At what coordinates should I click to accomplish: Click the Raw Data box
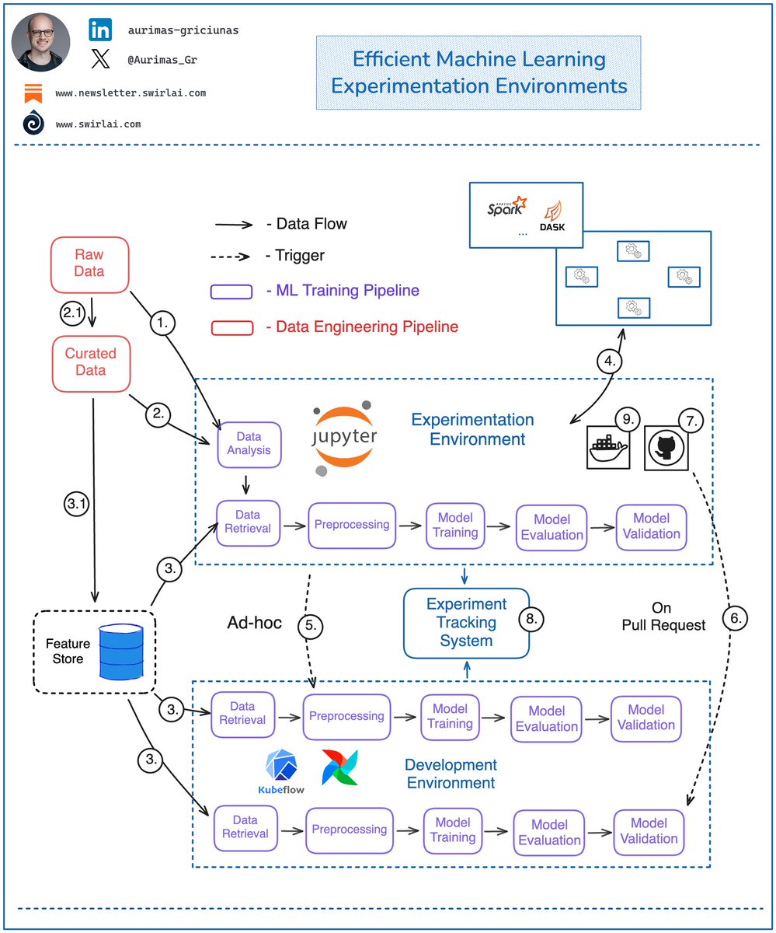(89, 264)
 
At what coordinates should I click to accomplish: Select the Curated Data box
(90, 362)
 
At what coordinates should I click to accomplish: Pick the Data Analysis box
(249, 444)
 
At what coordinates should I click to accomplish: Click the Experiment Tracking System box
(466, 622)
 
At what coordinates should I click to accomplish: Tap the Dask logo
(557, 215)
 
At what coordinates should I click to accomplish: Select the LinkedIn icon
(101, 30)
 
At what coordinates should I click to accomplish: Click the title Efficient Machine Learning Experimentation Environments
(478, 72)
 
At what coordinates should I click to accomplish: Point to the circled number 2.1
(71, 314)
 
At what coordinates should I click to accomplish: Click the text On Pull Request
(661, 616)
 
